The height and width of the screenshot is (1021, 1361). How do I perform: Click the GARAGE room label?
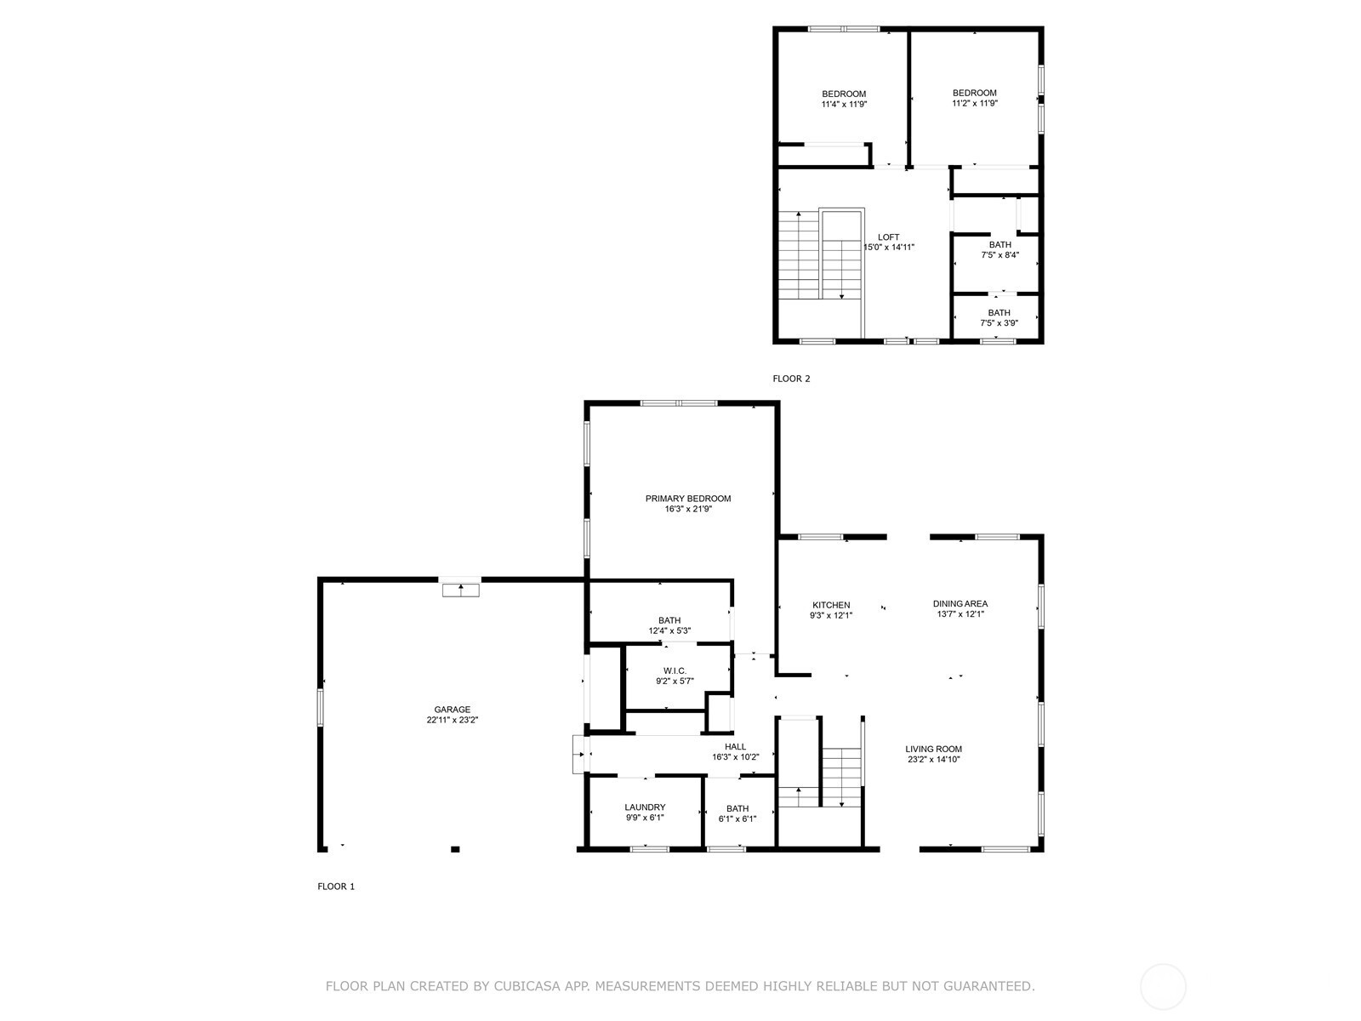tap(452, 710)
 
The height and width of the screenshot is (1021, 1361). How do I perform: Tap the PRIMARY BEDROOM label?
tap(687, 499)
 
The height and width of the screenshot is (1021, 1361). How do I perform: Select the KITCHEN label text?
tap(831, 605)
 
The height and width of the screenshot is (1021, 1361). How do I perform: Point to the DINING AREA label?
tap(960, 604)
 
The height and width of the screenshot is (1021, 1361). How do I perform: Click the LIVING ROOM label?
tap(933, 749)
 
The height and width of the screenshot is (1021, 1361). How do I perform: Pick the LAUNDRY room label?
tap(645, 807)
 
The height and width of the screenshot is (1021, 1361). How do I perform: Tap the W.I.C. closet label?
tap(675, 670)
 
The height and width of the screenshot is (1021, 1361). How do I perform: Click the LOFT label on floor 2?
tap(889, 237)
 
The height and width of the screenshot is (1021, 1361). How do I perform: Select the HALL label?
tap(736, 747)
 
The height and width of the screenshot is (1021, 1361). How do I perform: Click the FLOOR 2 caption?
tap(791, 379)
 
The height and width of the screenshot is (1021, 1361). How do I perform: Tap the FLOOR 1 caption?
tap(336, 887)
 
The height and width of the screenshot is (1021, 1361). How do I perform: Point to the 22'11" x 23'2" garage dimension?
tap(452, 721)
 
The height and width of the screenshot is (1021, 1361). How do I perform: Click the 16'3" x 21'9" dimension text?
tap(687, 509)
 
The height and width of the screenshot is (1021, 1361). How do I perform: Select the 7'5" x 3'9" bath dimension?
tap(999, 323)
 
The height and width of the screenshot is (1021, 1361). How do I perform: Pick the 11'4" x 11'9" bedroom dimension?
tap(844, 104)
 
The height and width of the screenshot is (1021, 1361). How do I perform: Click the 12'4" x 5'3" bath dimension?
tap(669, 631)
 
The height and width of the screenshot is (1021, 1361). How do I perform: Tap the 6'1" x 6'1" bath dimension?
tap(737, 819)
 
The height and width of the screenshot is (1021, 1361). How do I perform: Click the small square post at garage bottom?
tap(455, 849)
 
